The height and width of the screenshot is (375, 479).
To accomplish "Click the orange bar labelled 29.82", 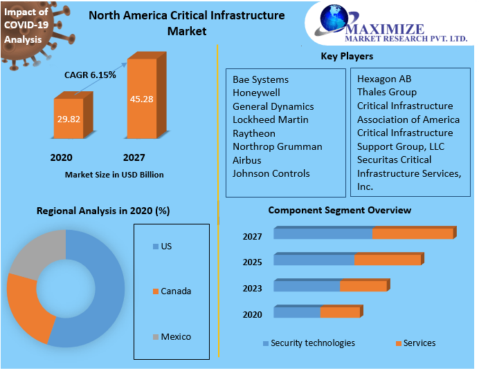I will [x=68, y=119].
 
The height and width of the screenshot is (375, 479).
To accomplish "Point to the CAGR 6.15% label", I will [x=90, y=75].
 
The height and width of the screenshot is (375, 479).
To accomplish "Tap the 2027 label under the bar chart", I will [x=134, y=157].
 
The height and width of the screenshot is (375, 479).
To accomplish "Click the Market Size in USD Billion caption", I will [x=114, y=175].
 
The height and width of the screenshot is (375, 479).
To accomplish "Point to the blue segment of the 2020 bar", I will [x=297, y=313].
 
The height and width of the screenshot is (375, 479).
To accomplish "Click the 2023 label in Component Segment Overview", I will [x=252, y=289].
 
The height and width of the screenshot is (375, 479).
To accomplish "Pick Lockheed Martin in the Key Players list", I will [x=261, y=119].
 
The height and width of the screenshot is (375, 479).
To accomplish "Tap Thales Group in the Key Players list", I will [x=386, y=92].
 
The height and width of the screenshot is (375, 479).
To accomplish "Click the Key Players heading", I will [x=347, y=56].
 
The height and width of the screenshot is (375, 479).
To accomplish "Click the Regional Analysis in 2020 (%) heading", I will [x=103, y=211].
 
